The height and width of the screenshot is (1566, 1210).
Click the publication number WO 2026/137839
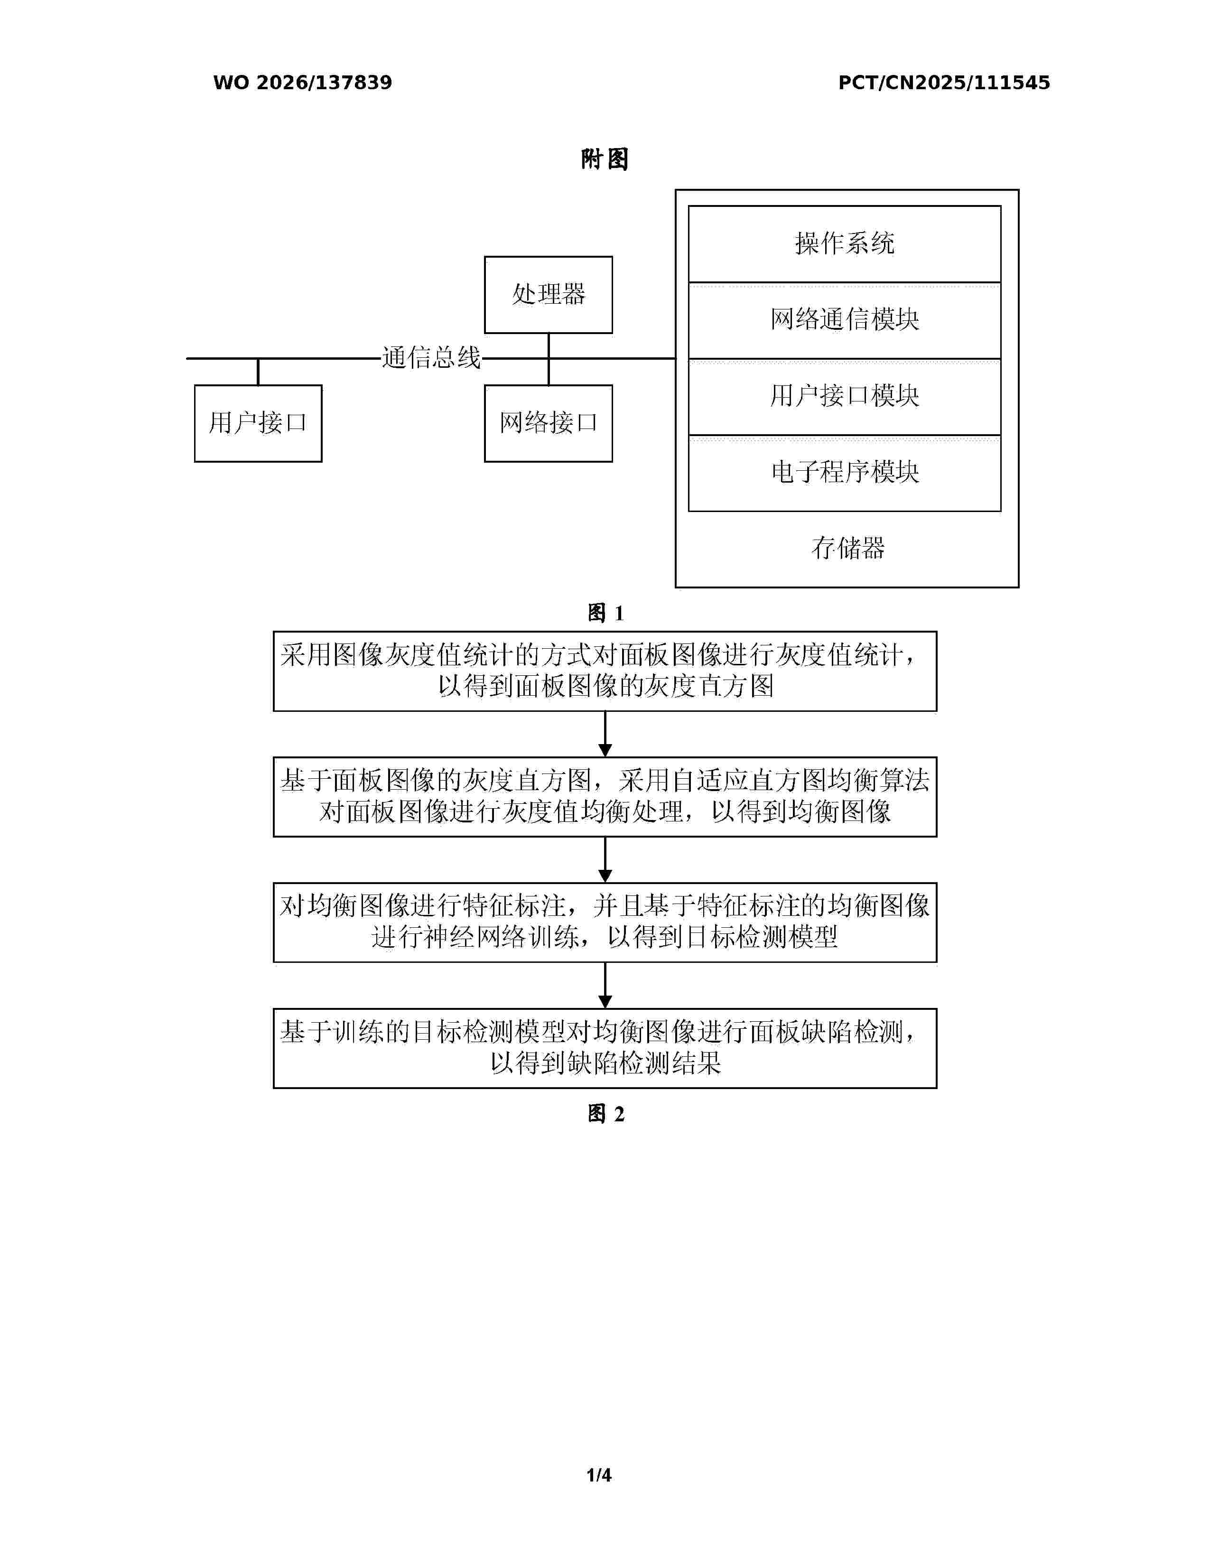[303, 83]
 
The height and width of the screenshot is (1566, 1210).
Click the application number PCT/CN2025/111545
[944, 83]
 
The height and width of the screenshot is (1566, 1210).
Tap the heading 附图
[605, 159]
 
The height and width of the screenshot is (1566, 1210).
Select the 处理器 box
[549, 295]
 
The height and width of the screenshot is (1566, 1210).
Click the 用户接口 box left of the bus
[258, 423]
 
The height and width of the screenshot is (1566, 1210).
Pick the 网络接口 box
[549, 423]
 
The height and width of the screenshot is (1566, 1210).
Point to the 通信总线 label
[431, 357]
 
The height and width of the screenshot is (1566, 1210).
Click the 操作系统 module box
[845, 244]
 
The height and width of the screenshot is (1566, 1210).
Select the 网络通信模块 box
[845, 320]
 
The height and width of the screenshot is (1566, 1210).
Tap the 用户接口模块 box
[845, 397]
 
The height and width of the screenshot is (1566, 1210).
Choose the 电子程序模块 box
[845, 473]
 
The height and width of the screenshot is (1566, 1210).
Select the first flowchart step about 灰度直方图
[605, 671]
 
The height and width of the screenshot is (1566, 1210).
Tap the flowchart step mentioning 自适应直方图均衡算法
[605, 797]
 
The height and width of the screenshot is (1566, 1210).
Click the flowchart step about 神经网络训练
[605, 922]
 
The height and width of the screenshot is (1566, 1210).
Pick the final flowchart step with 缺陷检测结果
[605, 1048]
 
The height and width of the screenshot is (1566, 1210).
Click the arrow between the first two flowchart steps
[605, 734]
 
